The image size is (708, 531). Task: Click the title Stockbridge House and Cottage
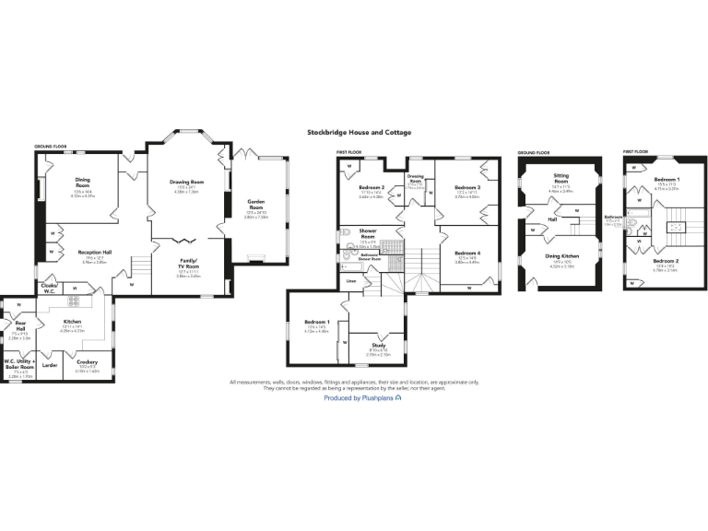coord(359,133)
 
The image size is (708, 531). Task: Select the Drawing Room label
coord(186,183)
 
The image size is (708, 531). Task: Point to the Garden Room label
coord(256,204)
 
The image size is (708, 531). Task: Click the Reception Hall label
coord(95,252)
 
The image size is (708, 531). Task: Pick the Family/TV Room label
coord(189,263)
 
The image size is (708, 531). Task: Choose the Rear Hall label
coord(20,325)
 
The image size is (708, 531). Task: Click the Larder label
coord(50,365)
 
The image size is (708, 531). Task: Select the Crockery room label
coord(88,362)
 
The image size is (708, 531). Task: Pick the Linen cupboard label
coord(351,280)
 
